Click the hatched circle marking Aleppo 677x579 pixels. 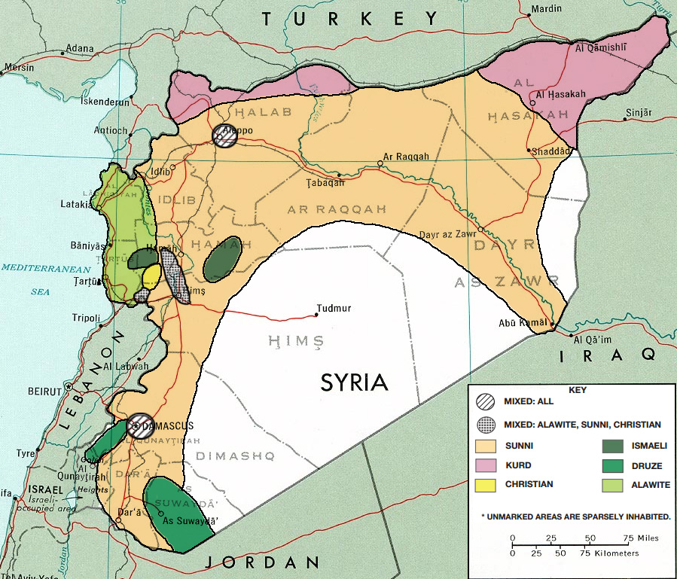click(224, 136)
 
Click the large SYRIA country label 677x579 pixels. click(354, 382)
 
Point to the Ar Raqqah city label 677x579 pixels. click(406, 157)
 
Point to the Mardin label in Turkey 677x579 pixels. click(547, 9)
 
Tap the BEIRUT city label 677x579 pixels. click(44, 392)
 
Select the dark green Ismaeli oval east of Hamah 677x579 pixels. click(222, 261)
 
